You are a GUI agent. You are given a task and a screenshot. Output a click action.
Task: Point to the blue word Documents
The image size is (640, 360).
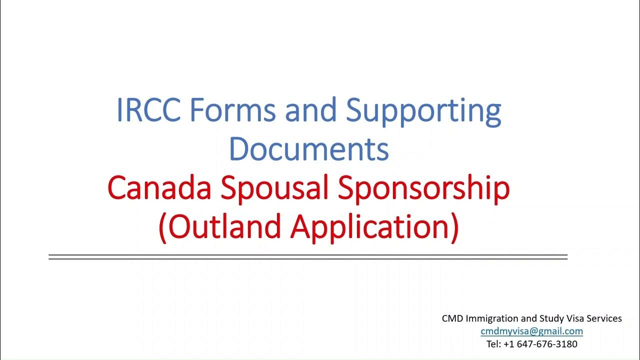pyautogui.click(x=309, y=148)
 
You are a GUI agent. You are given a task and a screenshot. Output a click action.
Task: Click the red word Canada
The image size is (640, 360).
pyautogui.click(x=159, y=188)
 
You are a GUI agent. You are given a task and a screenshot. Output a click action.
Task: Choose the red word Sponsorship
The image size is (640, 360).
pyautogui.click(x=424, y=189)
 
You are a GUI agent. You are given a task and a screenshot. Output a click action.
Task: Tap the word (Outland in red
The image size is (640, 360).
pyautogui.click(x=220, y=226)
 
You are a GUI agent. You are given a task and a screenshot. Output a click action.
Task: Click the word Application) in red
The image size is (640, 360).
pyautogui.click(x=375, y=227)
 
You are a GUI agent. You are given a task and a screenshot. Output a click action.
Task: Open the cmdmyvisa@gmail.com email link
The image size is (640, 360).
pyautogui.click(x=532, y=331)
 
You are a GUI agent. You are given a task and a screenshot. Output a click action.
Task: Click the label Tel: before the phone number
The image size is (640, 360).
pyautogui.click(x=494, y=344)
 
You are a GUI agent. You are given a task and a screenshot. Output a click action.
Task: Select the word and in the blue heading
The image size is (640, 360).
pyautogui.click(x=310, y=111)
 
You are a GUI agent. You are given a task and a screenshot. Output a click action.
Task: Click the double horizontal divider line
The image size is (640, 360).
pyautogui.click(x=308, y=257)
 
